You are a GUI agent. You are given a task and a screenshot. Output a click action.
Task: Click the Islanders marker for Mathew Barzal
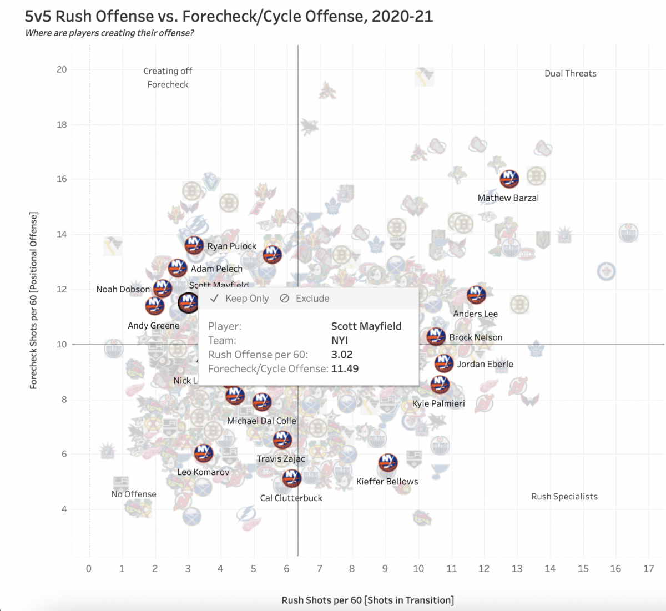click(509, 179)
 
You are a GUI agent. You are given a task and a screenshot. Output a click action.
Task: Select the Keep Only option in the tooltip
click(240, 299)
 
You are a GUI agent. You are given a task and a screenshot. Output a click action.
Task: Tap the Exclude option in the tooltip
click(305, 299)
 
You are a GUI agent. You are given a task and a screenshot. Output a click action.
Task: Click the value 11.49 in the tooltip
click(345, 368)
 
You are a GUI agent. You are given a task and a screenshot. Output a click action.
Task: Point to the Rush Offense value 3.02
click(342, 355)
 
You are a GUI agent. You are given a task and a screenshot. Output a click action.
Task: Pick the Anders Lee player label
click(475, 314)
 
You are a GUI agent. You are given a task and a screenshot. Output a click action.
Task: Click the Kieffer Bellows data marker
click(388, 462)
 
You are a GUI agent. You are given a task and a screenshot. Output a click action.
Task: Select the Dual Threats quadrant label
click(570, 73)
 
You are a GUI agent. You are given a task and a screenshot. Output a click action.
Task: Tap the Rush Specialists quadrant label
click(564, 497)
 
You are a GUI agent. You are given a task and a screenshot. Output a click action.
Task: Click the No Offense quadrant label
click(134, 494)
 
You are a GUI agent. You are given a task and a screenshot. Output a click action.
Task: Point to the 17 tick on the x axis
click(648, 568)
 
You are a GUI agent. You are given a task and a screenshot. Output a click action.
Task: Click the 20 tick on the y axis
click(62, 69)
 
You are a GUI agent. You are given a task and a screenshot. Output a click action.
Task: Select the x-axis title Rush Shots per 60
click(367, 600)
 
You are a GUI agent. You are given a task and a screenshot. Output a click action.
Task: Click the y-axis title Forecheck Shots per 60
click(34, 300)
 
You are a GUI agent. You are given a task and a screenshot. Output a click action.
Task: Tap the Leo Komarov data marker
click(204, 453)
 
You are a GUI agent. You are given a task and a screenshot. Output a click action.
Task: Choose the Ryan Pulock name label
click(231, 246)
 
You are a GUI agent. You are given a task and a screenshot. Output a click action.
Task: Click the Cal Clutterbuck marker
click(291, 478)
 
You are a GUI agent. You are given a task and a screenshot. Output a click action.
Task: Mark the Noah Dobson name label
click(123, 289)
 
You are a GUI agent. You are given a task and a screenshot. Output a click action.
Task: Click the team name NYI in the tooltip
click(339, 340)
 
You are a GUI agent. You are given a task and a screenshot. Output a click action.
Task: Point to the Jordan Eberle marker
click(443, 363)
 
